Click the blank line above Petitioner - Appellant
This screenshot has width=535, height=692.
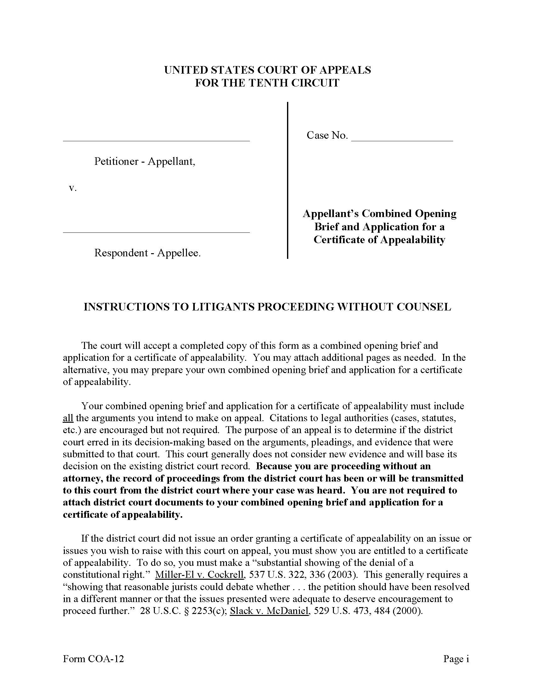(x=156, y=140)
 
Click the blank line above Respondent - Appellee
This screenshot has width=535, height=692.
(x=156, y=232)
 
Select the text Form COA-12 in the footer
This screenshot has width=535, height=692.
(x=93, y=659)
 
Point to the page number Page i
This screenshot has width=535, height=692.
(x=456, y=659)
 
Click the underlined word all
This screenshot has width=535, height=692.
(x=68, y=418)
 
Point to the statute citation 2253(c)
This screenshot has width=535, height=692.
(x=207, y=611)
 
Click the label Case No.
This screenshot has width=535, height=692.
(x=327, y=135)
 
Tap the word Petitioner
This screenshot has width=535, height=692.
(x=116, y=161)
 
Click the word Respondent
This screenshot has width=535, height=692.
(x=121, y=253)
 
